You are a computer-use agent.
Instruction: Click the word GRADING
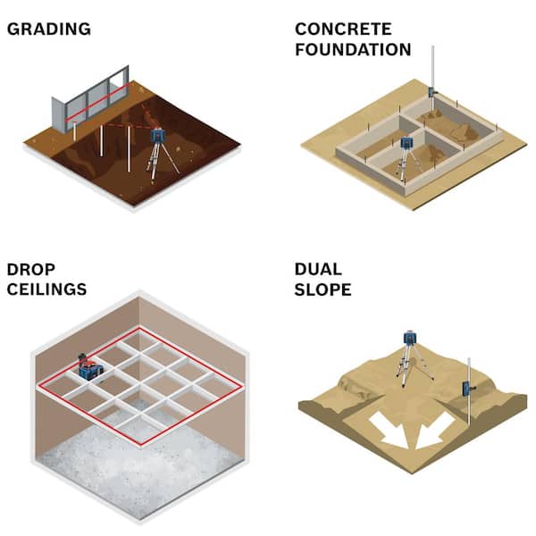(x=49, y=29)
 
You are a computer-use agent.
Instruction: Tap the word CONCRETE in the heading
(x=343, y=29)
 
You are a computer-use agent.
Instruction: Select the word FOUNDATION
(x=353, y=49)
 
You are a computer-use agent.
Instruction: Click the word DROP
(x=30, y=270)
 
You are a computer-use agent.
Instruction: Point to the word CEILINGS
(x=46, y=289)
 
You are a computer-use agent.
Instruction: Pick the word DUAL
(x=318, y=270)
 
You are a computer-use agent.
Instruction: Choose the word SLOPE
(x=323, y=289)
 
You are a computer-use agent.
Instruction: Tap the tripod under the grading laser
(x=162, y=161)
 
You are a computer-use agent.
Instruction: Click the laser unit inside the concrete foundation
(x=406, y=142)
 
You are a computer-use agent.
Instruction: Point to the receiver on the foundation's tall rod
(x=431, y=92)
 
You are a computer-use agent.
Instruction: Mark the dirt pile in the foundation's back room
(x=463, y=132)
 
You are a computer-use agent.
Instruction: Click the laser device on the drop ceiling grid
(x=90, y=367)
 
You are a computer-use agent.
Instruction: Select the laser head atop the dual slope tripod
(x=409, y=338)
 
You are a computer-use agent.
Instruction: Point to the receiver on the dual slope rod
(x=467, y=389)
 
